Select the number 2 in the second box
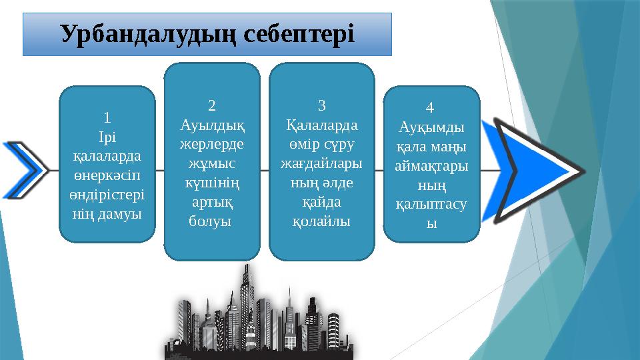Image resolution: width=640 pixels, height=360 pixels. tap(211, 105)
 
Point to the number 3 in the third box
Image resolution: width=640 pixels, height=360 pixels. tap(321, 105)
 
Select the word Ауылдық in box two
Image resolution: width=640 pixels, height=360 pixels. tap(211, 124)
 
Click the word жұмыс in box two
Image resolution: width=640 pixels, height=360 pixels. tap(211, 163)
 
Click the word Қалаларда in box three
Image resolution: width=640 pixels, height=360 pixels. tap(321, 125)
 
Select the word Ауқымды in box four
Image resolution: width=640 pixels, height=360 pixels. tap(431, 127)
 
